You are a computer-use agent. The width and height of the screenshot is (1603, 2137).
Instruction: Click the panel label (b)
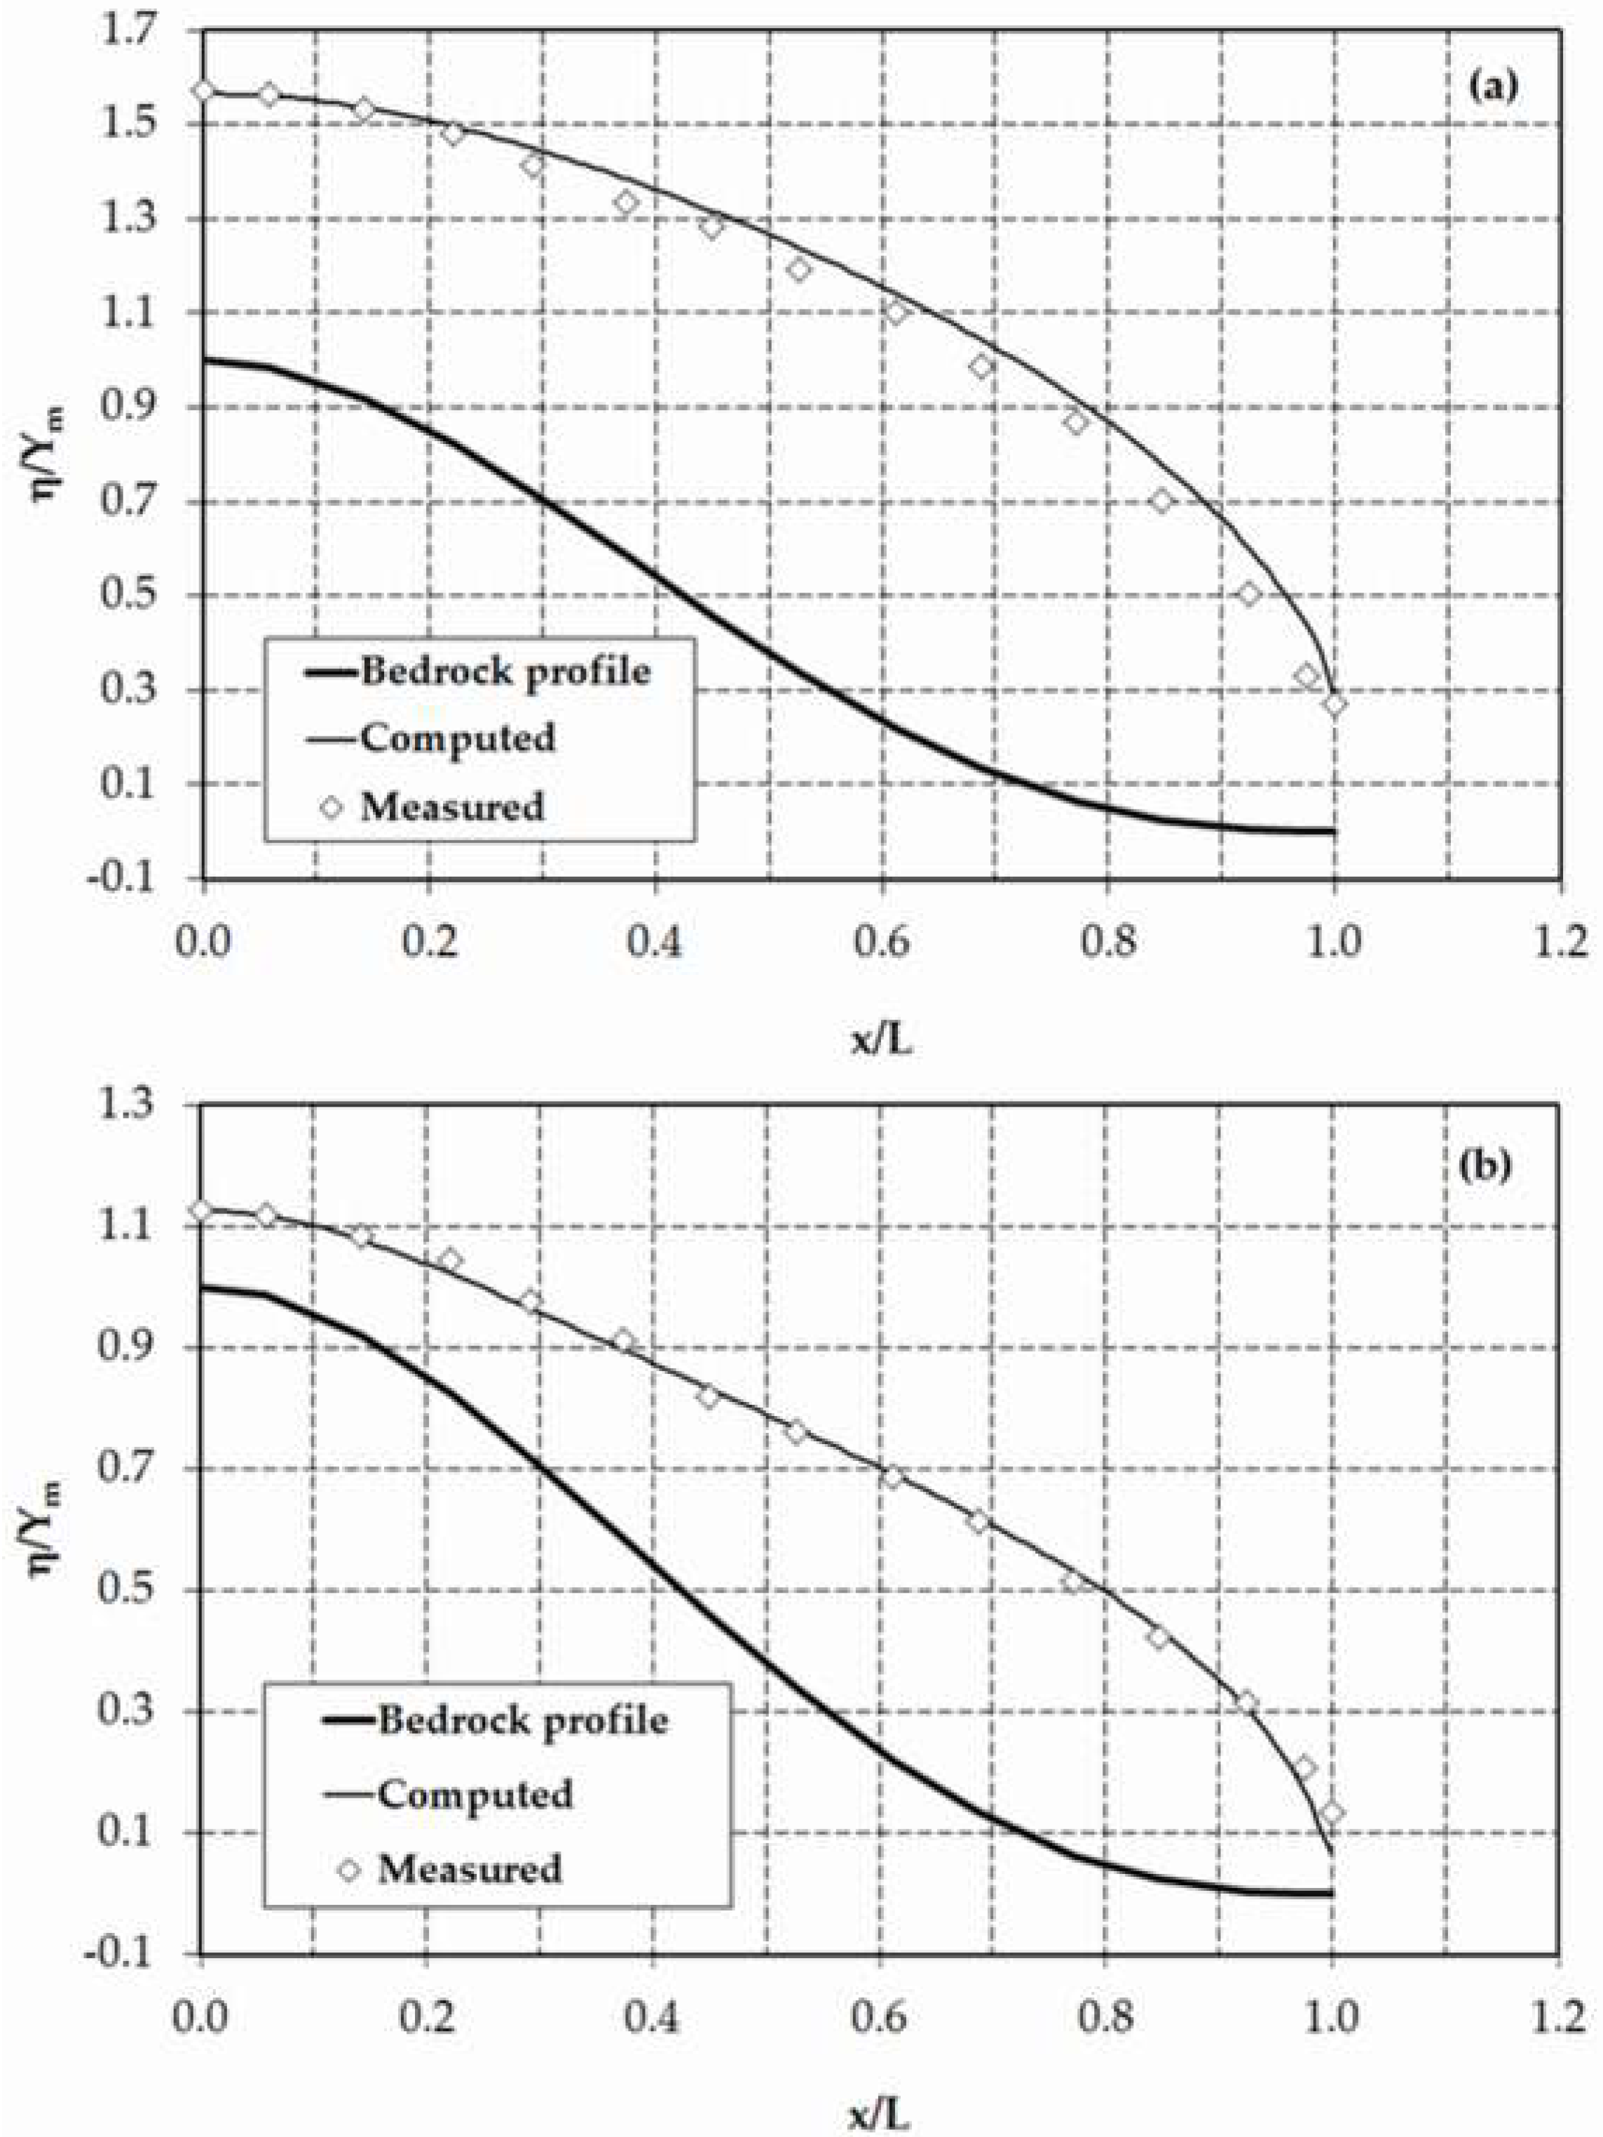pos(1493,1167)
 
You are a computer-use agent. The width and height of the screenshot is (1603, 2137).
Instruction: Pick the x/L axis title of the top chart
pos(880,1041)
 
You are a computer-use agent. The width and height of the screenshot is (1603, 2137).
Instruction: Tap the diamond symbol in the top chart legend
pos(333,807)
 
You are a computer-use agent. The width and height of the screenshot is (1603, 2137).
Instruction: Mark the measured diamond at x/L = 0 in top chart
pos(203,90)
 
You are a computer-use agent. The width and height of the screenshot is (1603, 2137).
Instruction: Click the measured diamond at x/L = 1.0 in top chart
pos(1335,704)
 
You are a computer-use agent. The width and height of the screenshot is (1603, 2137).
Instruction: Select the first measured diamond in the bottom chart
pos(202,1211)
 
